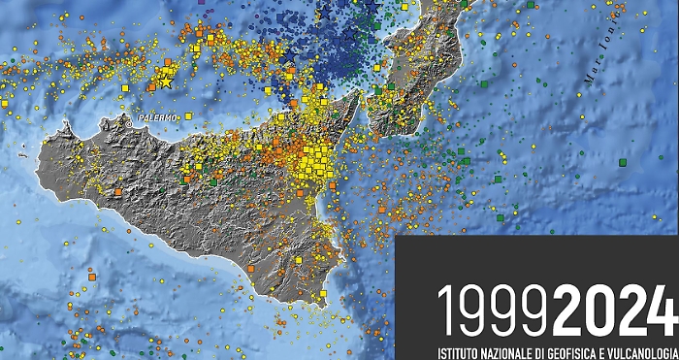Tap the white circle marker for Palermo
click(x=129, y=123)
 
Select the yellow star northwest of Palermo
click(x=164, y=82)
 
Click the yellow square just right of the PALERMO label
click(x=187, y=116)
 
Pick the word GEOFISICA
click(x=582, y=350)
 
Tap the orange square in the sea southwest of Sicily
click(x=92, y=277)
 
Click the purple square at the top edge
click(x=201, y=3)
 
